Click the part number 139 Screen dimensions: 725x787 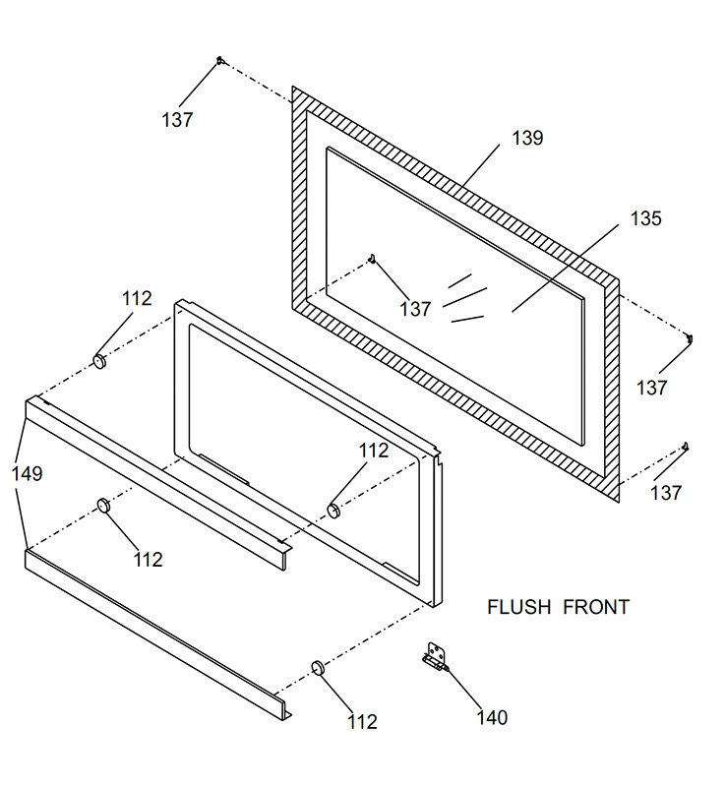coord(527,138)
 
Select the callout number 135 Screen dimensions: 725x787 coord(645,218)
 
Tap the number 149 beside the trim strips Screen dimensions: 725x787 coord(28,473)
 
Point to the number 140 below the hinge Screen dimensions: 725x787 coord(492,718)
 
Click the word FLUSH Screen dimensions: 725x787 coord(519,607)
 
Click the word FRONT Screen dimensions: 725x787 coord(596,607)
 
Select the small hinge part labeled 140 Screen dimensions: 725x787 coord(435,657)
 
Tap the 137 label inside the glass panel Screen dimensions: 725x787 coord(415,309)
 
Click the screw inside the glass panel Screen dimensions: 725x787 coord(372,259)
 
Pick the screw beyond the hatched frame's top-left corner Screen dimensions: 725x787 coord(219,61)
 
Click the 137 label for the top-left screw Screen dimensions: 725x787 coord(177,120)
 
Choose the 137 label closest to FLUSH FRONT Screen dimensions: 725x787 coord(666,493)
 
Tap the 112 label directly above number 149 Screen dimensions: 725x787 coord(137,299)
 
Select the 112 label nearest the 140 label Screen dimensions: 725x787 coord(362,722)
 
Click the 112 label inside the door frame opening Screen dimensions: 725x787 coord(373,451)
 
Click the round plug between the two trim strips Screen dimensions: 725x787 coord(104,505)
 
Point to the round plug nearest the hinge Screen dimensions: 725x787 coord(319,668)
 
